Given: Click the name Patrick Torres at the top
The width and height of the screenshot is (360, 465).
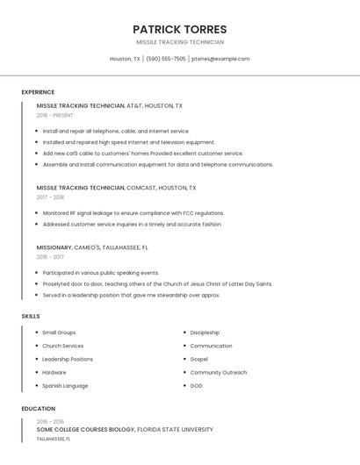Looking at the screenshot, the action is pos(180,29).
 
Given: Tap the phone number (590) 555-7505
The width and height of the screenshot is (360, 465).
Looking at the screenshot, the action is pos(166,59).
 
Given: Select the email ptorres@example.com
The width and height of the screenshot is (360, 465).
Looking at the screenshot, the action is pos(220,59).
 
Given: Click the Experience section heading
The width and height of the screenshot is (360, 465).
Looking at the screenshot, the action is pos(38,92).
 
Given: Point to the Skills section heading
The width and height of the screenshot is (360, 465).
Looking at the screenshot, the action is pos(31,316).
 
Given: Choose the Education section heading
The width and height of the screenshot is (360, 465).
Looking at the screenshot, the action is pos(38,409).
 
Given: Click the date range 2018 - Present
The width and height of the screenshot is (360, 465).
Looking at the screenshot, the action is pos(54,115).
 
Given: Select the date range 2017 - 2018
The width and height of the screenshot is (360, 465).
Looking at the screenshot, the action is pos(50,197).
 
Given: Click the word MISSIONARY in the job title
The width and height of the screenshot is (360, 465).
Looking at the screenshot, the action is pos(54,247).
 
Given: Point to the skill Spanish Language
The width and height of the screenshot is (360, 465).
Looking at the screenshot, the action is pos(65,385).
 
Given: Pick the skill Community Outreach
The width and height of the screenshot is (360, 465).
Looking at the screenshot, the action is pos(219,372).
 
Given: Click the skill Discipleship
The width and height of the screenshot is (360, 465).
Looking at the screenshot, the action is pos(205,333).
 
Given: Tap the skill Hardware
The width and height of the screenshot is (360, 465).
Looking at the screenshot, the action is pos(54,372).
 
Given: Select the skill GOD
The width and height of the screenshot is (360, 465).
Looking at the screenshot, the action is pos(196,385).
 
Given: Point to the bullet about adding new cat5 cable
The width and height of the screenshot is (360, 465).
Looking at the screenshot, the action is pos(142,154).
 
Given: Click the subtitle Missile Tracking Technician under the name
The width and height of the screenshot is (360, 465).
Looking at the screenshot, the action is pos(180,42).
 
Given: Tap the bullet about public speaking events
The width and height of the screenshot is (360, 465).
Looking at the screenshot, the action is pos(101,273).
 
